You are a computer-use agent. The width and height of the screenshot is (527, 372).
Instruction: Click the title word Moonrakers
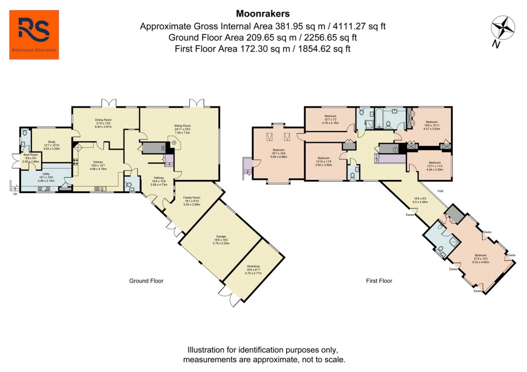coord(256,14)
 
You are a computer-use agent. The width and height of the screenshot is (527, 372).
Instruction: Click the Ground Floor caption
coord(146,281)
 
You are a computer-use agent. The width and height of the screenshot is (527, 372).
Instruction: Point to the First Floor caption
coord(379,281)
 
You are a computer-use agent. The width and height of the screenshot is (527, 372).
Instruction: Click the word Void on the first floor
coord(441,191)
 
